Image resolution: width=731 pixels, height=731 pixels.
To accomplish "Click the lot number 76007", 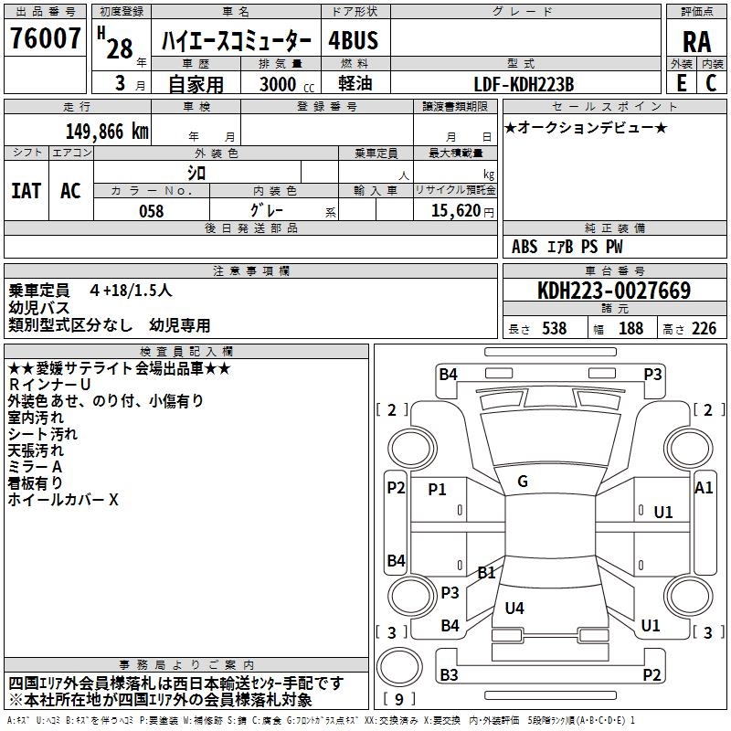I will tap(45, 39).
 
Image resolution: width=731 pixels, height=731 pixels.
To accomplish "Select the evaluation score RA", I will tap(697, 40).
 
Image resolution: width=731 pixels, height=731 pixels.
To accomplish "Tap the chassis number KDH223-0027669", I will tap(613, 291).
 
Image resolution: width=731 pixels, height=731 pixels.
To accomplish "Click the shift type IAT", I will tap(26, 190).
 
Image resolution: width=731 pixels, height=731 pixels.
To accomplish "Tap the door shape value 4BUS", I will tap(353, 40).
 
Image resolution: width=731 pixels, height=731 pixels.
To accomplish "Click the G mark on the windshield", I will tap(523, 482).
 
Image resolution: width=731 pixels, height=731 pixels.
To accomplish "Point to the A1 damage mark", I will tap(704, 488).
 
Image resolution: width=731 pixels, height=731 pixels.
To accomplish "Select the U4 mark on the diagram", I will tap(514, 608).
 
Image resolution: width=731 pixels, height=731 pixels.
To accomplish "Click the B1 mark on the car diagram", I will tap(486, 573).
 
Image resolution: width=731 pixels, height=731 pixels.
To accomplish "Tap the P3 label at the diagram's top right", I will tap(652, 373).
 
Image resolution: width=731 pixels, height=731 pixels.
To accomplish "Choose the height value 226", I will tap(704, 329).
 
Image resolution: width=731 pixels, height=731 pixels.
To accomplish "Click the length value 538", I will tap(554, 329).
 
